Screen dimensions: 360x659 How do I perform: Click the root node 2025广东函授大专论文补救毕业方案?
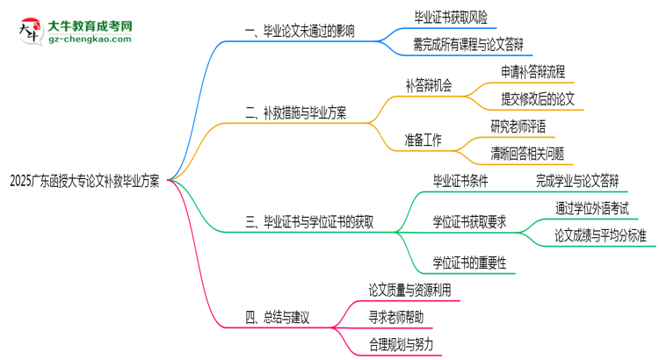pos(84,182)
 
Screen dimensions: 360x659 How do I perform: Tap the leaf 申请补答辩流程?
pos(532,71)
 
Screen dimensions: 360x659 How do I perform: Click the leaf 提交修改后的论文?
pos(537,99)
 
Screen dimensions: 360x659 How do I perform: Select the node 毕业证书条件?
pos(460,182)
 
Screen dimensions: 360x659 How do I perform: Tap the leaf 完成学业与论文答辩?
pos(576,182)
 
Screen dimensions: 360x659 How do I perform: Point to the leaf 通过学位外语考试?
pos(591,209)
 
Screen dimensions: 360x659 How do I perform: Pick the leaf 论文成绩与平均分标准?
pos(600,235)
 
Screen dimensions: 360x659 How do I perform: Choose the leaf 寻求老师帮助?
pos(401,315)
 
